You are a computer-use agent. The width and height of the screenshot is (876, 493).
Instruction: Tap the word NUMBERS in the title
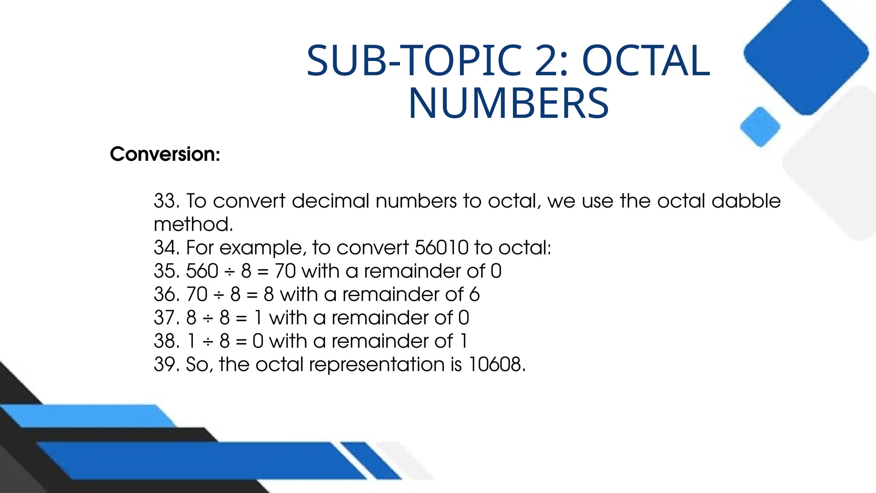(x=508, y=104)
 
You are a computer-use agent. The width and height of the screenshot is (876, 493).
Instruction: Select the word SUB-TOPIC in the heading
(x=414, y=61)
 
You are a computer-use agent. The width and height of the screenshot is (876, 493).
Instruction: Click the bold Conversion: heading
(x=165, y=154)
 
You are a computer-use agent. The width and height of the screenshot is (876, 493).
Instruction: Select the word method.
(x=193, y=225)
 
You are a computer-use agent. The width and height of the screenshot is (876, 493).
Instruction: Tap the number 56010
(x=441, y=248)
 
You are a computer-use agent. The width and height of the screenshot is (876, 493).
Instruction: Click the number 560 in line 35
(x=202, y=271)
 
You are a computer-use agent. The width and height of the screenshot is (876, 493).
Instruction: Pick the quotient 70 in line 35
(x=285, y=271)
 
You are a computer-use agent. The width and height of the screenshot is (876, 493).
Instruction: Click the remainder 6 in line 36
(x=474, y=295)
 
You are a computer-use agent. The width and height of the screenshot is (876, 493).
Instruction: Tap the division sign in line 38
(x=208, y=342)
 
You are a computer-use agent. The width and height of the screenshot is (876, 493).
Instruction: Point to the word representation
(x=377, y=365)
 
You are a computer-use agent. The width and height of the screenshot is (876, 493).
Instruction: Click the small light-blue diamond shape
(x=760, y=127)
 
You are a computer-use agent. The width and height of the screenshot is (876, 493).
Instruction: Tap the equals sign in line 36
(x=252, y=295)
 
